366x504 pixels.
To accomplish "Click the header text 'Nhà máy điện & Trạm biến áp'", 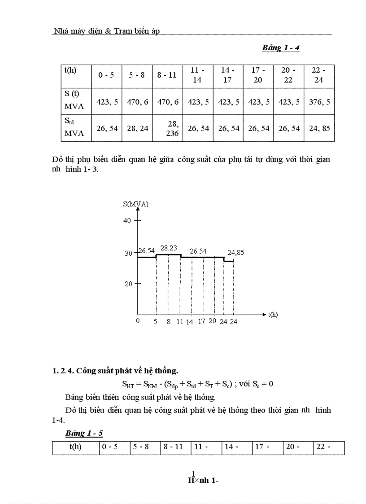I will point(106,31).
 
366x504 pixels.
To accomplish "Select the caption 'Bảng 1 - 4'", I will point(281,48).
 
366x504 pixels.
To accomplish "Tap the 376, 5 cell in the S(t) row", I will point(319,102).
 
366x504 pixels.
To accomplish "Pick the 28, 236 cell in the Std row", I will point(167,129).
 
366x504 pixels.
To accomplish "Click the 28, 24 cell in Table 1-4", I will point(137,128).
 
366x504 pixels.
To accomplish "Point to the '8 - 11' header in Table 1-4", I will point(167,75).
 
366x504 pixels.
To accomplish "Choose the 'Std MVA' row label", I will point(74,128).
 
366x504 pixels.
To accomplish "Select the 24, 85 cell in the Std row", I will point(319,128).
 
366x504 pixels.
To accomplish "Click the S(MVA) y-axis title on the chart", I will point(135,204).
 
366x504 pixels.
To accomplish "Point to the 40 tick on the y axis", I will point(127,220).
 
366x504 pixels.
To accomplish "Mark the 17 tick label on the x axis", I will point(201,321).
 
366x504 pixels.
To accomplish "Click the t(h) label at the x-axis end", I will point(273,315).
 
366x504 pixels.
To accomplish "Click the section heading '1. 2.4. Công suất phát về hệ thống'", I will point(115,371).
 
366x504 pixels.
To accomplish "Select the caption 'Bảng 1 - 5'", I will point(84,433).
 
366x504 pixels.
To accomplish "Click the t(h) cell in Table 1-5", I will point(75,447).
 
